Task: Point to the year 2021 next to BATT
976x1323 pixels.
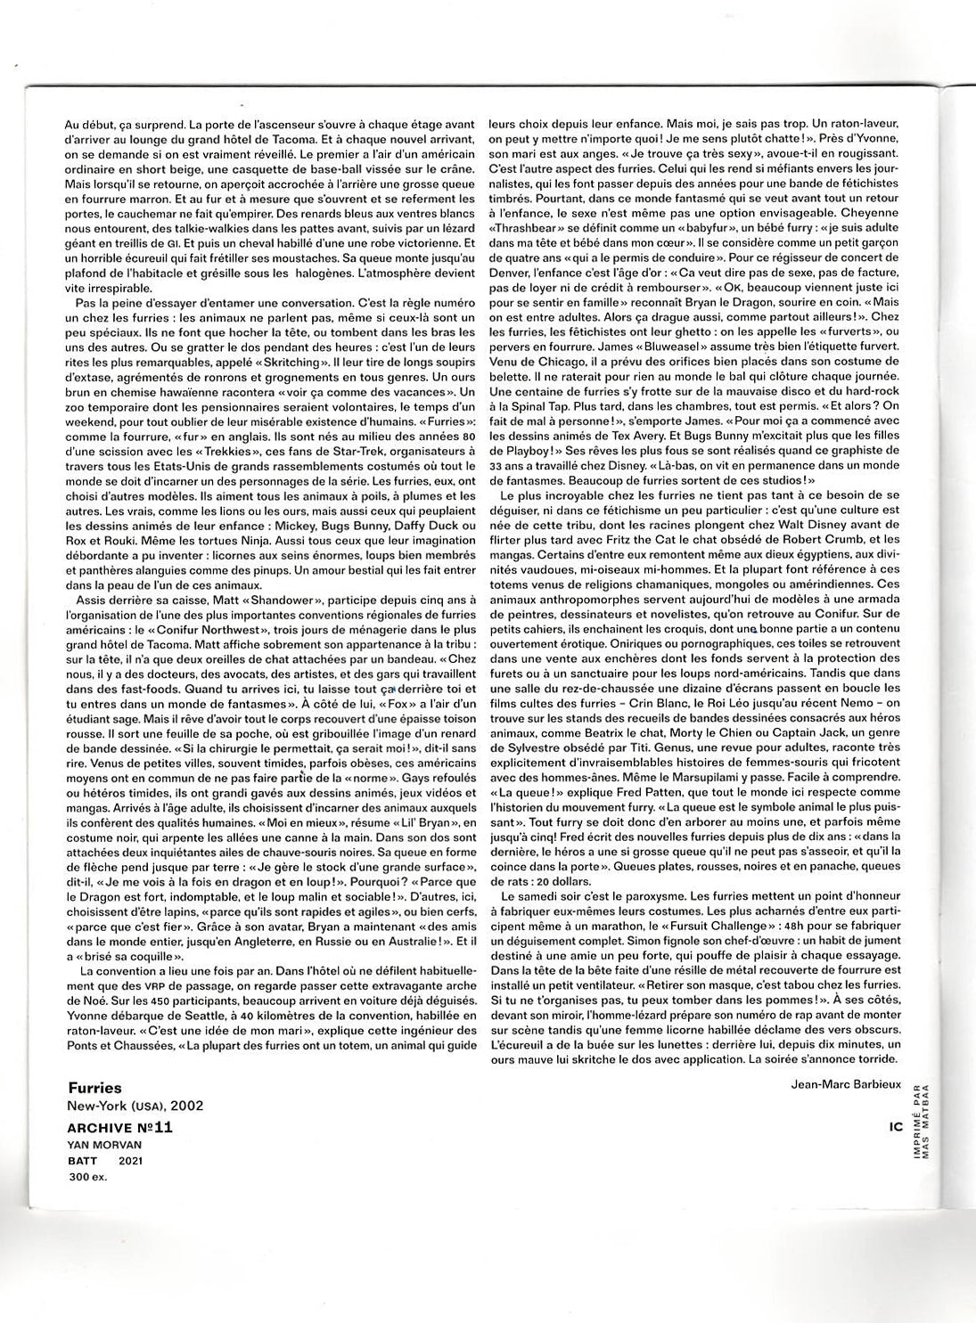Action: click(x=129, y=1160)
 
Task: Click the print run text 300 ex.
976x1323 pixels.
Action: click(x=86, y=1177)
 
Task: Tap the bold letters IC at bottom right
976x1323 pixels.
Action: click(x=896, y=1126)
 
